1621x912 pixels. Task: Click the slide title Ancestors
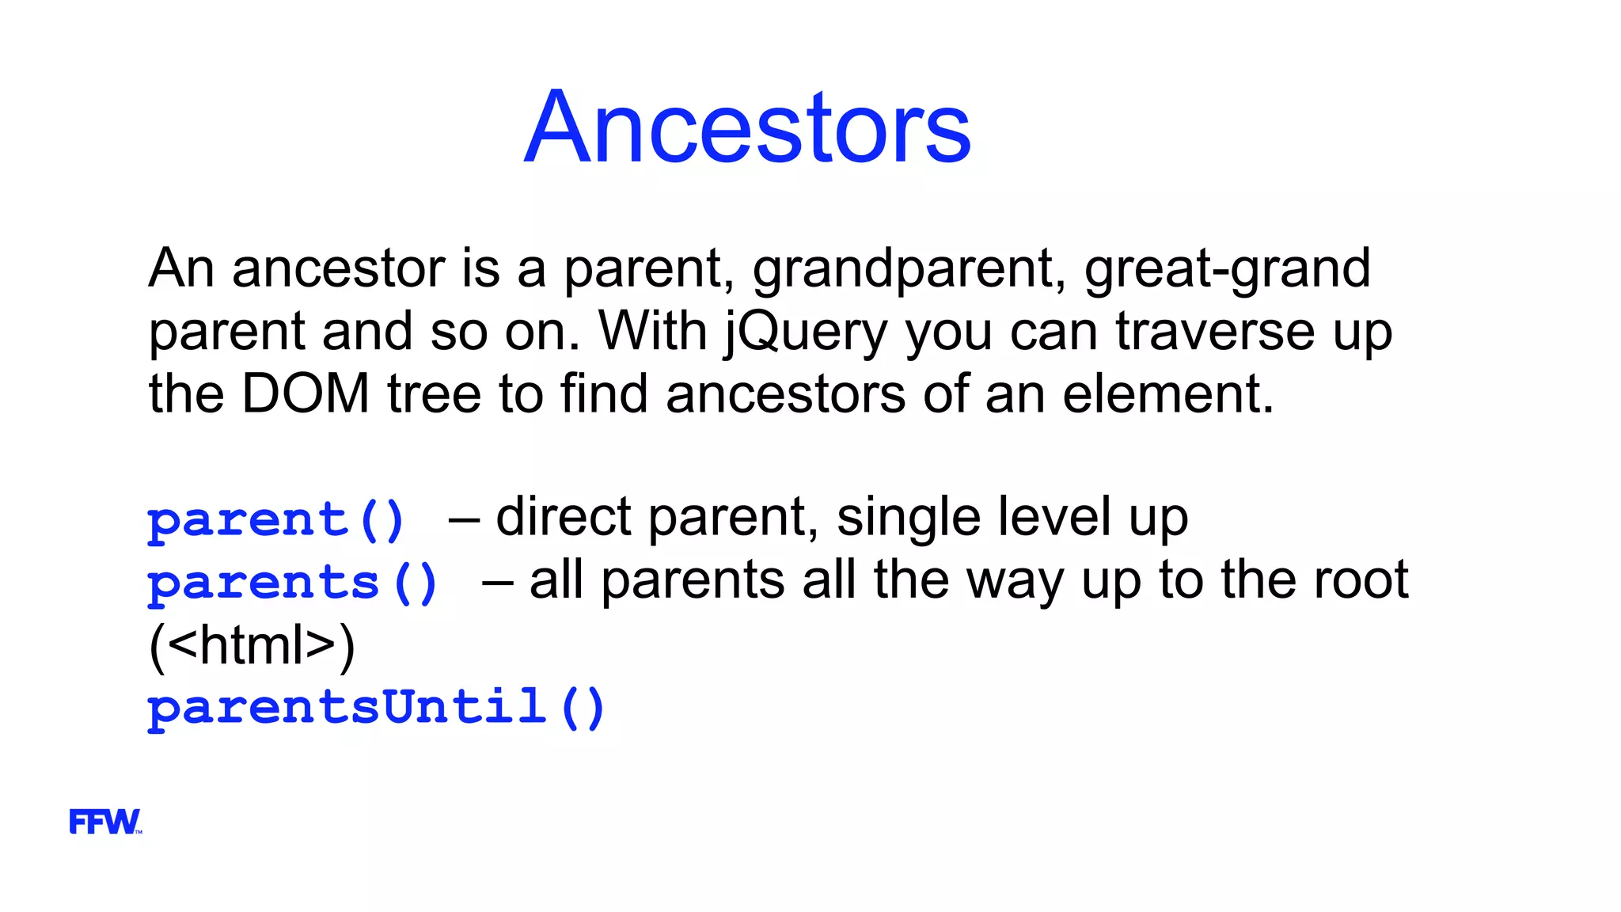click(x=747, y=128)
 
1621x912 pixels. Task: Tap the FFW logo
click(x=104, y=822)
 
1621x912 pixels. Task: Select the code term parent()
click(x=276, y=520)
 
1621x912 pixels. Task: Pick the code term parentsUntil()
click(x=377, y=707)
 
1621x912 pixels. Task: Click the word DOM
click(x=305, y=393)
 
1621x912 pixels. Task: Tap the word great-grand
click(x=1227, y=269)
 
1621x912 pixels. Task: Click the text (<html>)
click(x=252, y=645)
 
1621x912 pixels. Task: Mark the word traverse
click(x=1215, y=331)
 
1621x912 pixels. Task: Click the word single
click(x=908, y=518)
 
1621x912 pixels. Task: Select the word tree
click(x=434, y=393)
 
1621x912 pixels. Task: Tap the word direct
click(x=564, y=517)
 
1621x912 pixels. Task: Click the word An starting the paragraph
click(x=181, y=268)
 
